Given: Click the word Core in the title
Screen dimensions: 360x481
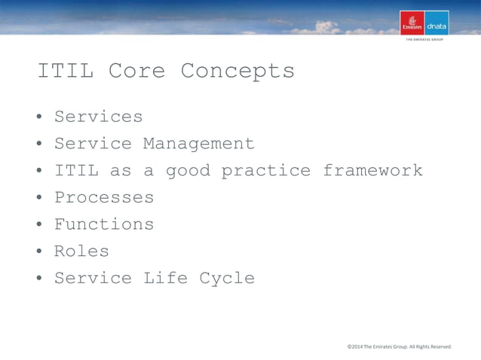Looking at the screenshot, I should [x=135, y=72].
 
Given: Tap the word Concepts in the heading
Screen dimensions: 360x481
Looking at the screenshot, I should [x=237, y=72].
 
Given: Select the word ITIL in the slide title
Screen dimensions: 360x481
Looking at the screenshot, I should [x=65, y=72].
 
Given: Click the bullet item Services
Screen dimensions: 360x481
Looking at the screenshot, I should [x=98, y=117].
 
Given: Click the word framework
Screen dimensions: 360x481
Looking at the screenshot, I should [x=372, y=171].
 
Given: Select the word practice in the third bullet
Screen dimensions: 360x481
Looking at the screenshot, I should [x=265, y=171].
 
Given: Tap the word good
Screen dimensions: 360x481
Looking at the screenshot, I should [x=188, y=171].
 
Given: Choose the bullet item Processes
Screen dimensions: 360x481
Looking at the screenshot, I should [x=103, y=198].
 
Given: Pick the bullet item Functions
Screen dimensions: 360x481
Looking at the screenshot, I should [x=103, y=224].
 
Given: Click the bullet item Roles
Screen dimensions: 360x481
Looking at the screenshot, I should [x=81, y=252].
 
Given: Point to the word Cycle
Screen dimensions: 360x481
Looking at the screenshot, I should [x=227, y=279].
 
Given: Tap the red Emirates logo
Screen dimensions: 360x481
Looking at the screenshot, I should [x=412, y=23].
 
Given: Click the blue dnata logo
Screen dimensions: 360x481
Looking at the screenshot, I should [x=437, y=23].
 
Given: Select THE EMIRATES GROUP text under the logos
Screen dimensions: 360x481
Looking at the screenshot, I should [x=424, y=41].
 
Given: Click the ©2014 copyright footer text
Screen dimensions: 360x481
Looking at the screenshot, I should [x=399, y=346].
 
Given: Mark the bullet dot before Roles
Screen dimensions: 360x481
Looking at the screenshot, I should [x=38, y=252].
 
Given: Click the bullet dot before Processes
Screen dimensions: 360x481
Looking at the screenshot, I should [x=38, y=199].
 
